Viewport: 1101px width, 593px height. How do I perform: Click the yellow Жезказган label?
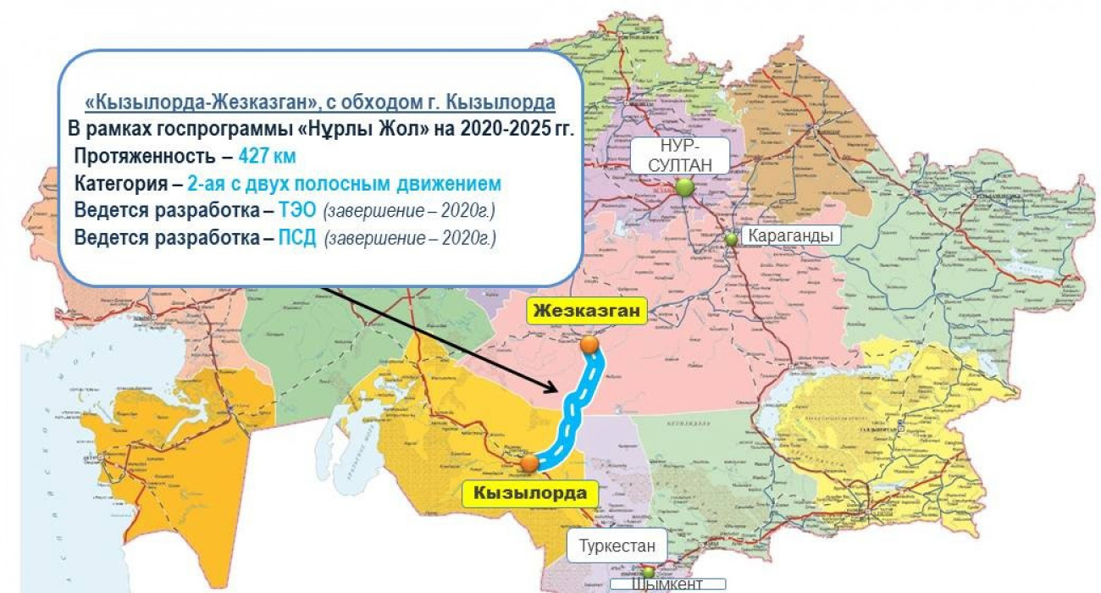pos(586,311)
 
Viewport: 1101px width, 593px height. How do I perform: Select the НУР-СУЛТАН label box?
pos(680,155)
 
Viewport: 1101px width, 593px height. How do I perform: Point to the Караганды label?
pos(791,236)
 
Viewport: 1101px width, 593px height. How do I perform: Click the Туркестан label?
pos(617,546)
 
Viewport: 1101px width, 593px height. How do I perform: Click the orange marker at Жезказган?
pos(589,344)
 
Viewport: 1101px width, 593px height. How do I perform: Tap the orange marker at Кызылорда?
pos(529,463)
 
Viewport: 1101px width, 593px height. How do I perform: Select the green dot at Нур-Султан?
pos(684,187)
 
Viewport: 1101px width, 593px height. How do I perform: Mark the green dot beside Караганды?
pos(731,239)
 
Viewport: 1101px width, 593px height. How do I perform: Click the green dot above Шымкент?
pos(648,573)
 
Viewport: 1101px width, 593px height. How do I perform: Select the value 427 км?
pos(267,157)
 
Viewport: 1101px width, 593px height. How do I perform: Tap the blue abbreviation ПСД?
pos(297,238)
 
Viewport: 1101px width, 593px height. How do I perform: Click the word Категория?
pos(119,184)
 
